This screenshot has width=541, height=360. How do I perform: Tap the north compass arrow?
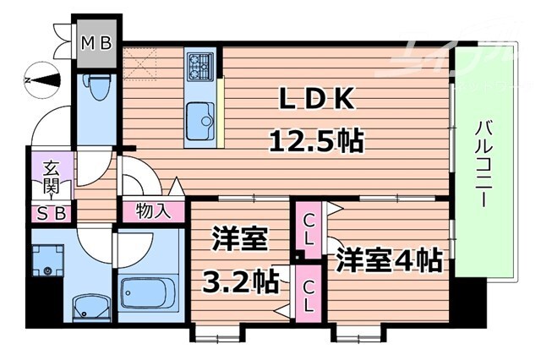tap(43, 80)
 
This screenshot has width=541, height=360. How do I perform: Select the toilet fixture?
tap(98, 88)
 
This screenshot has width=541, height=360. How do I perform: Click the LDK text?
tap(318, 100)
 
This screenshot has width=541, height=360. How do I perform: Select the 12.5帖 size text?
tap(316, 139)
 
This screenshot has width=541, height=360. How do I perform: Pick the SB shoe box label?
tap(50, 212)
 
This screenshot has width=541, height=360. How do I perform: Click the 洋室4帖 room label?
tap(390, 259)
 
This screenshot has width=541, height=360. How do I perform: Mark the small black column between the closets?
tap(299, 255)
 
